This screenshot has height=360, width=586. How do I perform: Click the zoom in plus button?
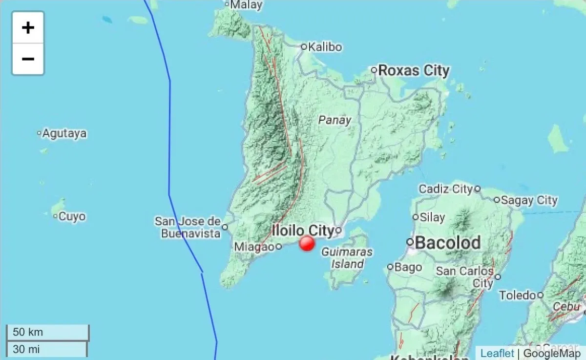28,28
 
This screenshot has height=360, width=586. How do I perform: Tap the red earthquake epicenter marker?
307,243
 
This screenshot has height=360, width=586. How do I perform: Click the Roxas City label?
413,70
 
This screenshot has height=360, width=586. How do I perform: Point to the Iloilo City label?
302,230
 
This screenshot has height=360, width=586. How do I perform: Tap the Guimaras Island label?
347,258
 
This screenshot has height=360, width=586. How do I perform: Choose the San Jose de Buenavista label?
188,227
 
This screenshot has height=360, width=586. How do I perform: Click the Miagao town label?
254,247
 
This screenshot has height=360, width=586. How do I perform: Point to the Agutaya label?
64,133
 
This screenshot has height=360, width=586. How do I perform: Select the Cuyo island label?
71,216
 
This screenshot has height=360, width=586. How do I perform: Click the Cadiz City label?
446,189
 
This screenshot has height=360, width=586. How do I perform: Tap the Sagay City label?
529,200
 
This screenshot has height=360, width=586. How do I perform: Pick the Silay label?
432,217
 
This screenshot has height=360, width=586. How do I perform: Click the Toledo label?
517,295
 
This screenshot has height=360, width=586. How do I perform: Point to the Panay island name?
335,120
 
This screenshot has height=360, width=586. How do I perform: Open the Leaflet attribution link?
497,353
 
